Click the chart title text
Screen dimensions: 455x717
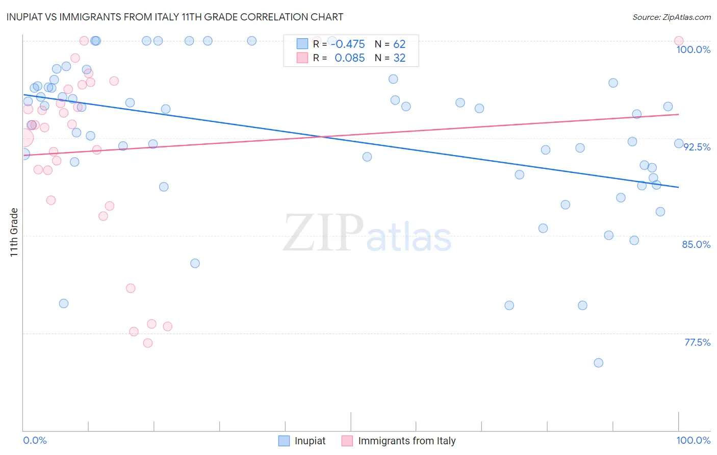(x=175, y=17)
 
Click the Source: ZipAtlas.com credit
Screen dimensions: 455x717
(x=671, y=17)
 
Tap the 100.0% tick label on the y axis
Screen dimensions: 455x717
(x=693, y=49)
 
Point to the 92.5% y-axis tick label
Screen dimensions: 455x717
(x=697, y=147)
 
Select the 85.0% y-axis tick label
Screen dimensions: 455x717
(x=696, y=244)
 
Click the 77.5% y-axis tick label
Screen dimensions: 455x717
(x=697, y=342)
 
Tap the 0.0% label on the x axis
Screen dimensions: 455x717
(x=35, y=440)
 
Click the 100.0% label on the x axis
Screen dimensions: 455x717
(x=693, y=440)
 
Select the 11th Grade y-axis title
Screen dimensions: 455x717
(x=14, y=232)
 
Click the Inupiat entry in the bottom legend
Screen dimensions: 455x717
(x=310, y=441)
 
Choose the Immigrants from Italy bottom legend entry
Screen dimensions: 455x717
(x=406, y=441)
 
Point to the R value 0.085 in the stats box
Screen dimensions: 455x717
(x=349, y=58)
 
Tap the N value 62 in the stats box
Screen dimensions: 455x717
(x=399, y=44)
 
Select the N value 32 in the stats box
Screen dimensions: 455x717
(x=399, y=58)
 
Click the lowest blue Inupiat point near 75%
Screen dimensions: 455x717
(x=598, y=363)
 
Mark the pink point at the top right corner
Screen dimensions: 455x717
(x=678, y=41)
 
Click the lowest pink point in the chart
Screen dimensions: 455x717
(x=148, y=343)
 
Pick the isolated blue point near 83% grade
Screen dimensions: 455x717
(x=195, y=263)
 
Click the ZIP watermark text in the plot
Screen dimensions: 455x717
(x=323, y=233)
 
